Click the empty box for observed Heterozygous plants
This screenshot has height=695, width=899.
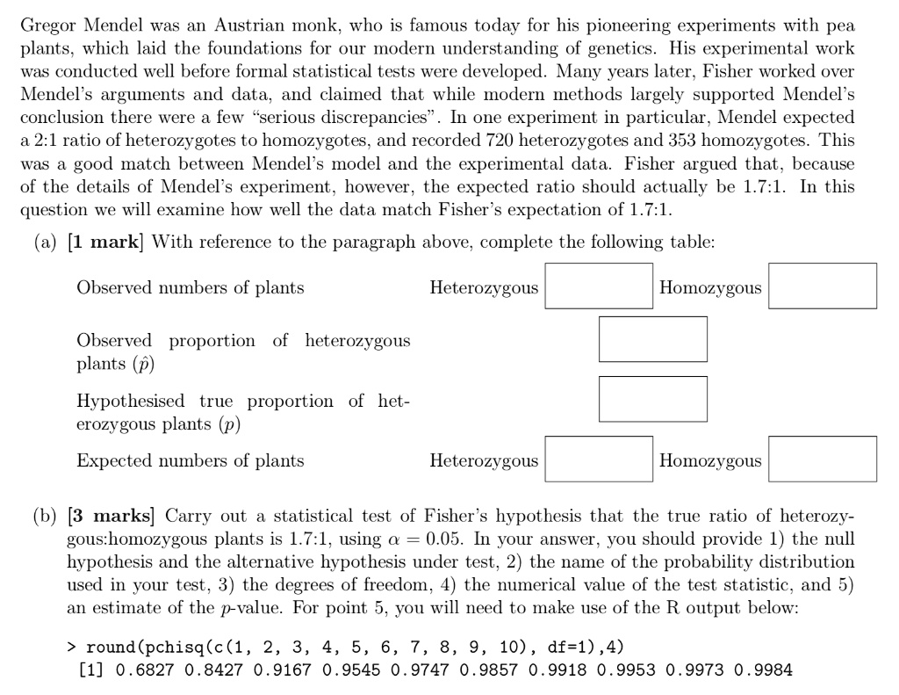(598, 286)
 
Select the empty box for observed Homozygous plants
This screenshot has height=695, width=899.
(822, 286)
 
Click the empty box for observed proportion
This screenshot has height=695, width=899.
(652, 339)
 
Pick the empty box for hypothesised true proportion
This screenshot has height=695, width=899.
(652, 399)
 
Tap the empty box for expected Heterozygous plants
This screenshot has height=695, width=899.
(598, 460)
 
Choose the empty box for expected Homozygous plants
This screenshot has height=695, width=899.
(822, 460)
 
